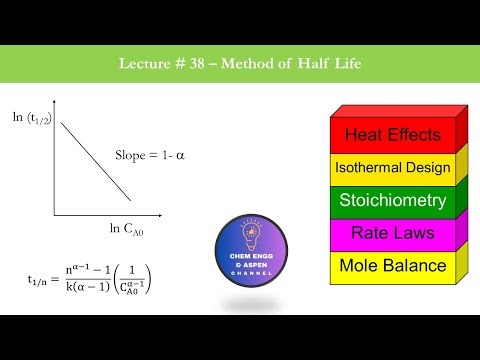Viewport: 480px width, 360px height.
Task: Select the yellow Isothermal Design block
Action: [x=393, y=168]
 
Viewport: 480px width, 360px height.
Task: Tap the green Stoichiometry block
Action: [x=393, y=201]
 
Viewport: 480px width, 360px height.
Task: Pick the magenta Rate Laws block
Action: [x=393, y=233]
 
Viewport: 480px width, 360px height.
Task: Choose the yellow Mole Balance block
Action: [x=393, y=265]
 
